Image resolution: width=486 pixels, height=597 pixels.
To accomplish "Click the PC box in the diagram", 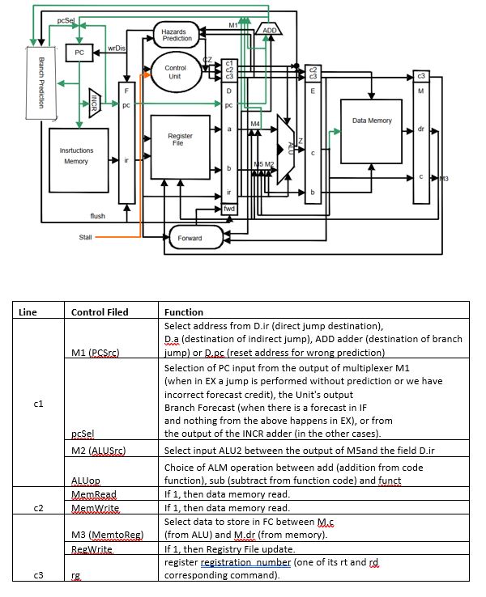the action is [79, 53].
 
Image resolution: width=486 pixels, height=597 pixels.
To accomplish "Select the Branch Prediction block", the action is [41, 83].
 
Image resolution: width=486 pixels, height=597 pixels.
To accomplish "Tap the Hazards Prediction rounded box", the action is [177, 35].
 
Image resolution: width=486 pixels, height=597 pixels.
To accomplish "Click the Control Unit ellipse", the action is [176, 72].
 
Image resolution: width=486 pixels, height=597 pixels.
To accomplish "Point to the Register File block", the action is [181, 147].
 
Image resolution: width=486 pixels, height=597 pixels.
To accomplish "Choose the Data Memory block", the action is [371, 131].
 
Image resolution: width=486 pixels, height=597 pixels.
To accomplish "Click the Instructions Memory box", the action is [79, 160].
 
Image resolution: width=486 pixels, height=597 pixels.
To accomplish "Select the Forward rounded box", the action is [196, 238].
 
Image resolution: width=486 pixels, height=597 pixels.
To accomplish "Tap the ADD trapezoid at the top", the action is [269, 29].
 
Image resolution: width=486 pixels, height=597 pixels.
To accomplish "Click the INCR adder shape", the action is [95, 103].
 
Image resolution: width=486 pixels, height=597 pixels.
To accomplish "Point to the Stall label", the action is [85, 237].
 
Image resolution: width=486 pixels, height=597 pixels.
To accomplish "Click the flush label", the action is [97, 216].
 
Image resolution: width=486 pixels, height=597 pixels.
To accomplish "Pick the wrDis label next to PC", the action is [117, 48].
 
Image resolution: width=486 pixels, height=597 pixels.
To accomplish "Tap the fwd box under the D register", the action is [229, 209].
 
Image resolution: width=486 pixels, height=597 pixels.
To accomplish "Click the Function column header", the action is [184, 312].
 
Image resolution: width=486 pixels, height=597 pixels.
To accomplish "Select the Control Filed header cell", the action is [100, 312].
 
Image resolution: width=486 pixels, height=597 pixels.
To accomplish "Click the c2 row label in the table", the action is [39, 508].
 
